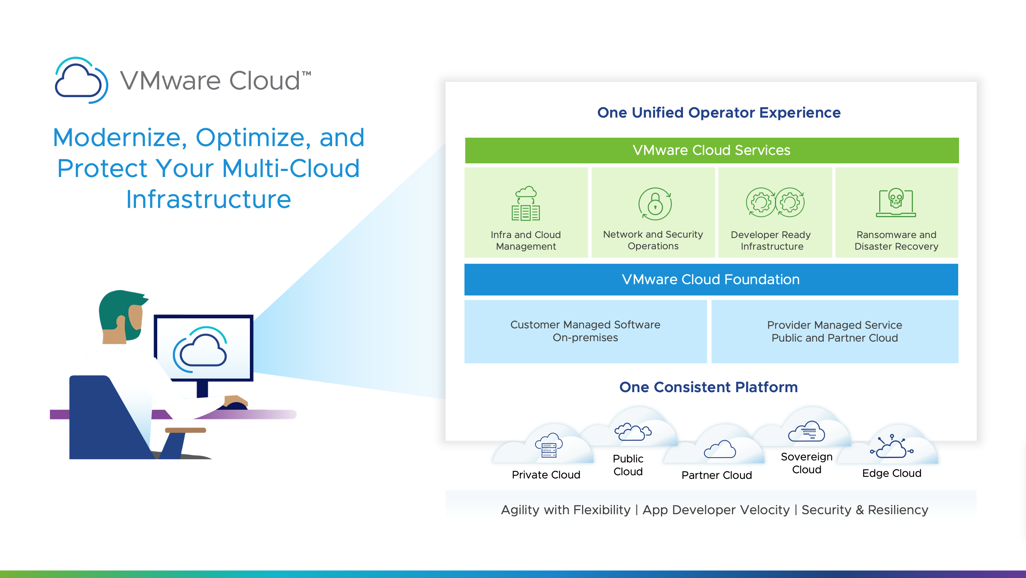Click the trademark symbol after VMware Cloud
306,74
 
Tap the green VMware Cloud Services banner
712,150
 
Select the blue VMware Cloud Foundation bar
711,279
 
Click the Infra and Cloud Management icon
526,204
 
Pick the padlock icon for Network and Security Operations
655,204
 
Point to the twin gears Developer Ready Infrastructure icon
775,202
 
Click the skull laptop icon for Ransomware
896,203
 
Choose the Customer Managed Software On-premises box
585,331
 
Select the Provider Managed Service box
834,331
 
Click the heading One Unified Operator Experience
719,113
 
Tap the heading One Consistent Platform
708,387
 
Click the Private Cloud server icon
549,446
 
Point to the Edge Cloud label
892,473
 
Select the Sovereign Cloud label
807,463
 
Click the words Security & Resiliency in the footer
865,510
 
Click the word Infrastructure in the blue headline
209,199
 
